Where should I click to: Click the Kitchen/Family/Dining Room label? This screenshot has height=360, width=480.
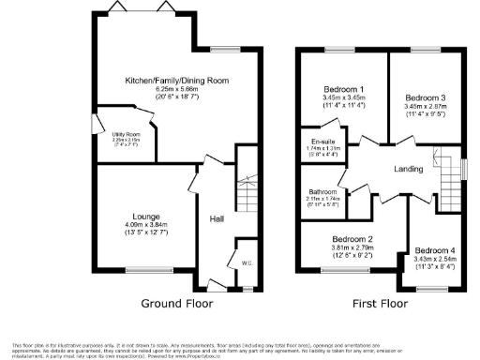tap(177, 82)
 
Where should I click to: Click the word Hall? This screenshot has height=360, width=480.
tap(217, 218)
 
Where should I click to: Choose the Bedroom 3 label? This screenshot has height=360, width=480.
tap(427, 97)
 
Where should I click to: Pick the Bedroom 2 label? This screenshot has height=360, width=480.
tap(352, 238)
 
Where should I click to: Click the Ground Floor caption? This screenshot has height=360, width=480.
tap(177, 303)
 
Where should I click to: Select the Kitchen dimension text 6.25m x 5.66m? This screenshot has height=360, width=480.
tap(177, 90)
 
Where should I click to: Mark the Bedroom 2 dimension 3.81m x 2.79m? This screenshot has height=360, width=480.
tap(352, 247)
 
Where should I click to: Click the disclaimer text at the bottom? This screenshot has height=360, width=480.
tap(240, 347)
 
